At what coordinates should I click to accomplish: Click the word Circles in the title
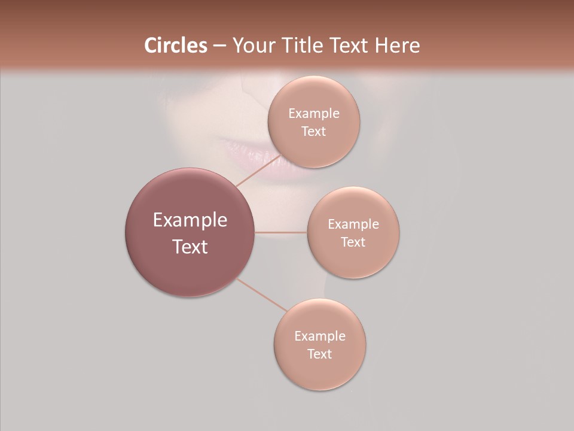(x=175, y=45)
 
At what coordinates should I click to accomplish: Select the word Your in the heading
(x=252, y=45)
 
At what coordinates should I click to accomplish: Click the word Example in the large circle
(x=190, y=220)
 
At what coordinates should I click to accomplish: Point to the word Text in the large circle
(x=190, y=247)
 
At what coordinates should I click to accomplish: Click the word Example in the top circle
(x=313, y=114)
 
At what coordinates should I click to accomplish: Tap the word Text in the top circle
(x=313, y=132)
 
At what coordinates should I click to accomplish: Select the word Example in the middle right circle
(x=353, y=224)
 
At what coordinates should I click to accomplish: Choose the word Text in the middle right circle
(x=353, y=242)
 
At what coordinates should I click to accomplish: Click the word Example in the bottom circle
(x=320, y=336)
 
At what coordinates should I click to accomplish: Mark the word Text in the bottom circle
(x=320, y=354)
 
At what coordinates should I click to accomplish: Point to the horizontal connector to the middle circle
(x=281, y=232)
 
